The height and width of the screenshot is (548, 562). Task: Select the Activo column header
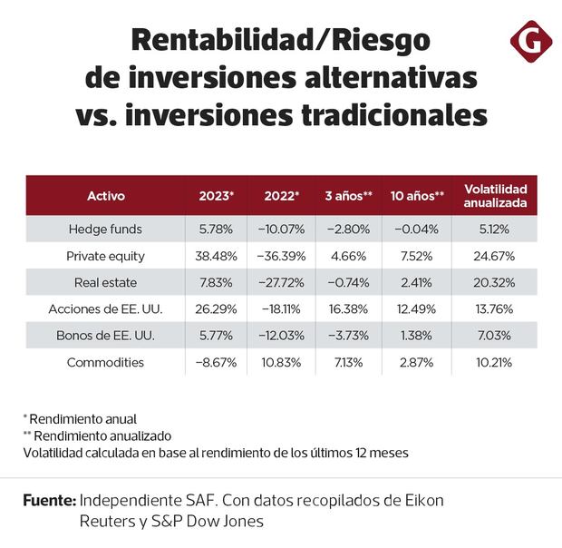point(106,195)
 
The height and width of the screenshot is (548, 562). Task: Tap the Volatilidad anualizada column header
point(495,195)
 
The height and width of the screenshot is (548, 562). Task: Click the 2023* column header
point(216,195)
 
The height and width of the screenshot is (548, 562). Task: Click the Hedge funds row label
point(105,230)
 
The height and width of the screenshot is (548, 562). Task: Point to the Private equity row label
point(105,256)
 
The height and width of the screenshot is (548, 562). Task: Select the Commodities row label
point(105,362)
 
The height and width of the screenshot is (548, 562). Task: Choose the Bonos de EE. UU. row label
point(105,336)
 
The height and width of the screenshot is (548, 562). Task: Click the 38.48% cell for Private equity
point(216,256)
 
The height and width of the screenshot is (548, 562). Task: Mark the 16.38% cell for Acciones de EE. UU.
point(349,309)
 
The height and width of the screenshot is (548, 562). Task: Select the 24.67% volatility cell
point(495,256)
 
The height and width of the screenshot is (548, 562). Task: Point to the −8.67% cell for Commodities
point(216,362)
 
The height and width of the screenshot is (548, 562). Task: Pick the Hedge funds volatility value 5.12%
point(495,230)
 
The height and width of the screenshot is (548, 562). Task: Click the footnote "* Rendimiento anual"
point(80,419)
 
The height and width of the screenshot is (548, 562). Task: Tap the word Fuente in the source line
point(49,501)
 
